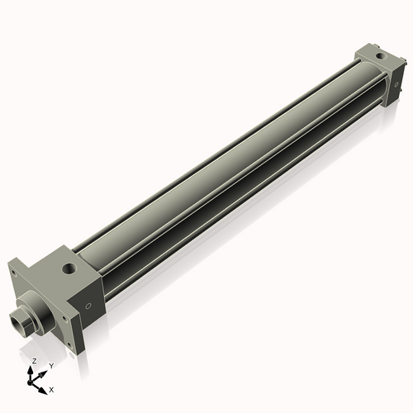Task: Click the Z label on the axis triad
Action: [x=33, y=362]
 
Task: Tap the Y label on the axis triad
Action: [x=50, y=365]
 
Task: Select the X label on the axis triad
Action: [x=51, y=388]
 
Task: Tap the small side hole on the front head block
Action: [x=88, y=305]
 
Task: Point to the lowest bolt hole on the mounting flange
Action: [x=69, y=345]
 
